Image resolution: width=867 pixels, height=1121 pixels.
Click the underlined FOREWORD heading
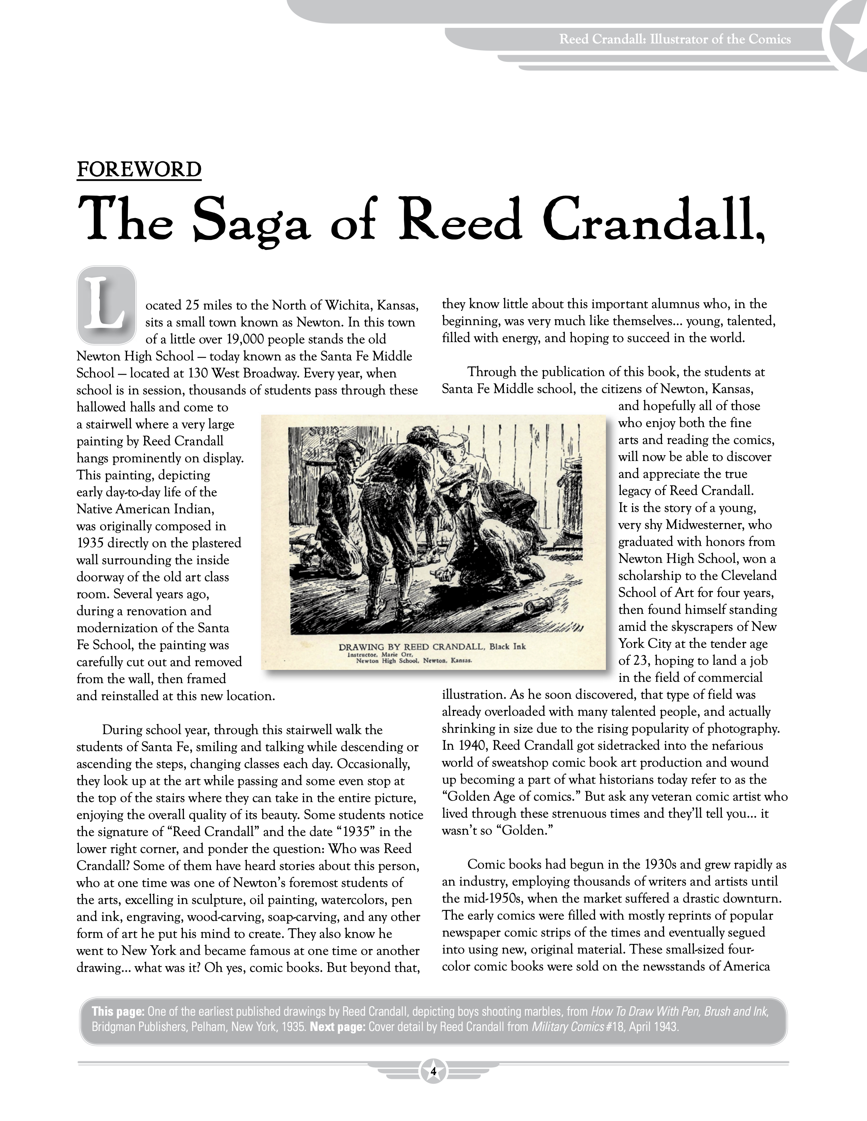click(139, 170)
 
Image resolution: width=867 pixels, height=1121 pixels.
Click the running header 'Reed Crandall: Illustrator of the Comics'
click(675, 39)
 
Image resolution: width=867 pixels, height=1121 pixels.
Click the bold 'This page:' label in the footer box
click(118, 1012)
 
